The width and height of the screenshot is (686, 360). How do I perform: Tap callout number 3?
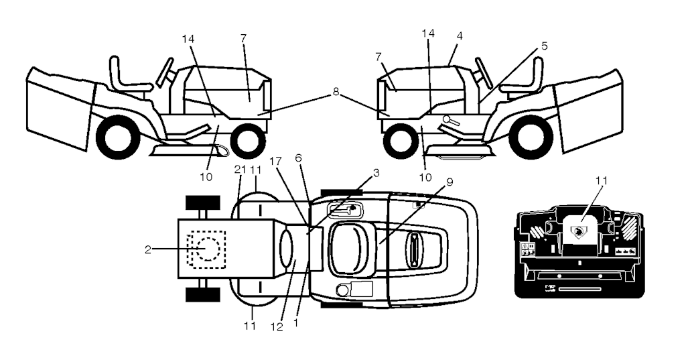click(376, 173)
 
